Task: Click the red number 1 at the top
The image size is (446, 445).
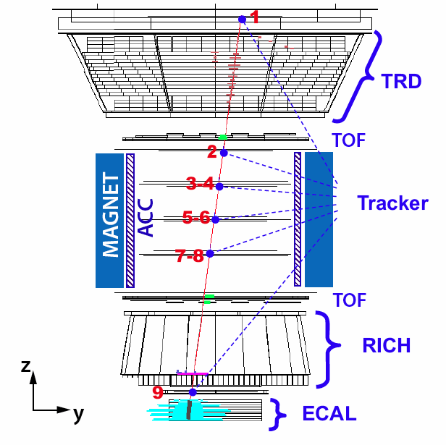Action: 254,15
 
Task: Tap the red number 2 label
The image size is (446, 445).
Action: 211,152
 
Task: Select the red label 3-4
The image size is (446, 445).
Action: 200,184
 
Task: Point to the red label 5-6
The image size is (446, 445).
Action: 195,217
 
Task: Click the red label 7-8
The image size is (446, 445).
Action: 190,255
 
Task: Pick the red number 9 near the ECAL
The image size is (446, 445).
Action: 158,393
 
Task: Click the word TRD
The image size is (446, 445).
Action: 401,81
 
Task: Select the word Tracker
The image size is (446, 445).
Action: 392,204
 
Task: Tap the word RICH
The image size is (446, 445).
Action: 386,346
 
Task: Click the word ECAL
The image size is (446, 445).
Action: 329,414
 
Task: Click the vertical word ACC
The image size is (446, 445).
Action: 146,219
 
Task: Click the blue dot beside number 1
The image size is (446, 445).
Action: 243,19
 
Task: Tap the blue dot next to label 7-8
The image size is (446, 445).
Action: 210,253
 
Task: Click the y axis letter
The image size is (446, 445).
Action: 78,414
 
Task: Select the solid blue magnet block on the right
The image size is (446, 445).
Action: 319,219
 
